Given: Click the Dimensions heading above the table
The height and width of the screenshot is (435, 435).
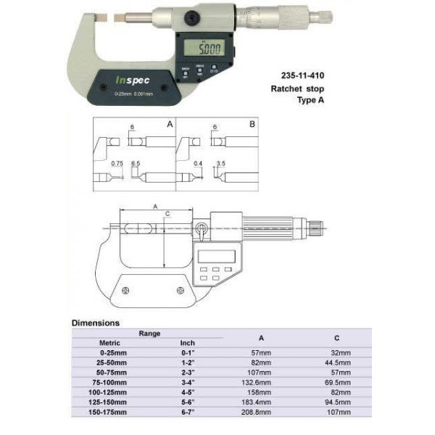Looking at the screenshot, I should click(96, 323).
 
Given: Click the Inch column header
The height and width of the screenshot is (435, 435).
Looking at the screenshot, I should click(188, 343).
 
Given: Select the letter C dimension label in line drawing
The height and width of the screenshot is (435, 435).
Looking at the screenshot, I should click(168, 214).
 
